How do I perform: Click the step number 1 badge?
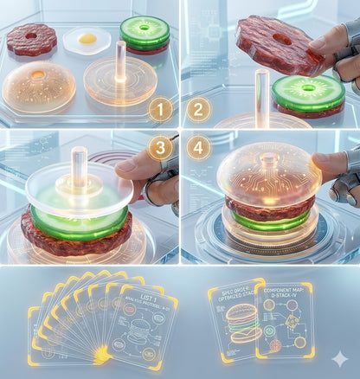click(160, 110)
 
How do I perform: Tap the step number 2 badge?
click(197, 110)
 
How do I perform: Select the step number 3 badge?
click(160, 148)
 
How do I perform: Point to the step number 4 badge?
click(198, 148)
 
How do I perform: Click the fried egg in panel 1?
click(87, 39)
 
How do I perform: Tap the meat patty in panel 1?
click(32, 39)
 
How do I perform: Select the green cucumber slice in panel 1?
click(145, 32)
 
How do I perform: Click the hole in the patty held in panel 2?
click(282, 39)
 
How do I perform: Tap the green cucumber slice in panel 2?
click(308, 92)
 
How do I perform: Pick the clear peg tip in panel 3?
click(79, 157)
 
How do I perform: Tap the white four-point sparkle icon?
click(341, 360)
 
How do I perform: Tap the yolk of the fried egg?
click(87, 38)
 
